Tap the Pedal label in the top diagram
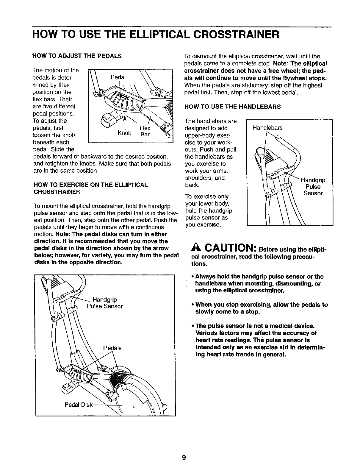point(118,77)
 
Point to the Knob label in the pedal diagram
point(124,133)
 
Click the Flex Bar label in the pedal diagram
point(145,131)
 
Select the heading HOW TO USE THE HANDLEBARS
point(233,106)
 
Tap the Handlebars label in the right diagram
point(267,128)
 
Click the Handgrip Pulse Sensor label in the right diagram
point(313,187)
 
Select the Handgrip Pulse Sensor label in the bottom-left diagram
point(105,303)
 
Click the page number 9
point(184,458)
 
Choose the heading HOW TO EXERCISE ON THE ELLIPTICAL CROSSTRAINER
point(91,188)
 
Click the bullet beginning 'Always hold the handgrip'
point(257,283)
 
